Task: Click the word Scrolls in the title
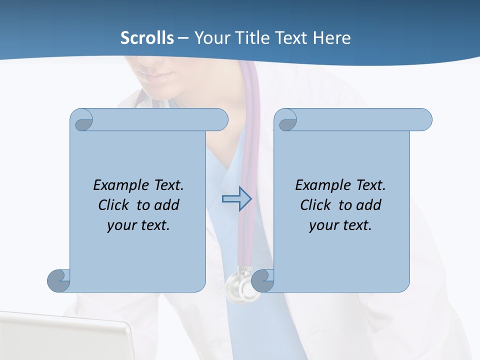click(x=147, y=38)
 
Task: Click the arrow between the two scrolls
click(x=236, y=199)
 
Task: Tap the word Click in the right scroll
click(x=315, y=205)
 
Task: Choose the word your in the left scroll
click(x=121, y=225)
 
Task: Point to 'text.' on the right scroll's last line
click(x=356, y=225)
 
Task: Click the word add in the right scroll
click(x=369, y=205)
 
